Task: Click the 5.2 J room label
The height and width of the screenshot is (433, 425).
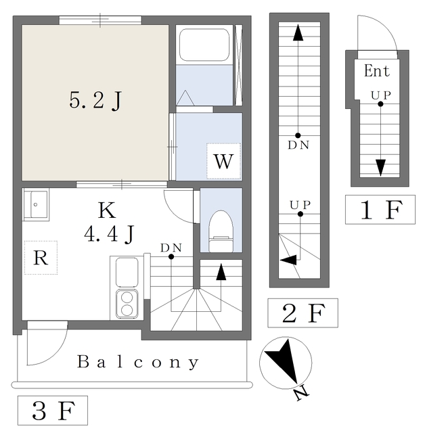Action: [96, 101]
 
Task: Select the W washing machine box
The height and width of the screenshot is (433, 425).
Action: [223, 161]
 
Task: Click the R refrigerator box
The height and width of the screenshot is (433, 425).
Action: [41, 258]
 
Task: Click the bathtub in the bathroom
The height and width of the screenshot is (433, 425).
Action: [203, 45]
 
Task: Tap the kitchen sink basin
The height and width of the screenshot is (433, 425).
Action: [127, 272]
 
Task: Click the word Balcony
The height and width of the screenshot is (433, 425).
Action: [138, 362]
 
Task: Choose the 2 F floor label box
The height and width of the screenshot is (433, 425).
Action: [303, 313]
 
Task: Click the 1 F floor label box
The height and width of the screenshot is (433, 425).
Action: [380, 210]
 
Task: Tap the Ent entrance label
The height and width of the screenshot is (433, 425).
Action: [377, 70]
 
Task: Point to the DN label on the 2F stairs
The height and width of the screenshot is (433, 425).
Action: [298, 145]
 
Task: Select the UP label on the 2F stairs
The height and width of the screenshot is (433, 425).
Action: [300, 204]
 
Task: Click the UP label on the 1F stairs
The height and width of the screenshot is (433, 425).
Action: [380, 95]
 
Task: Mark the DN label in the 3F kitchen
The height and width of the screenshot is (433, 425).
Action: [171, 248]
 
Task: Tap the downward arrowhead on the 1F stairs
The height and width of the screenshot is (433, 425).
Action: [380, 166]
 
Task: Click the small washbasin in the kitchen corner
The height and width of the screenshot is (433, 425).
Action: [36, 203]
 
